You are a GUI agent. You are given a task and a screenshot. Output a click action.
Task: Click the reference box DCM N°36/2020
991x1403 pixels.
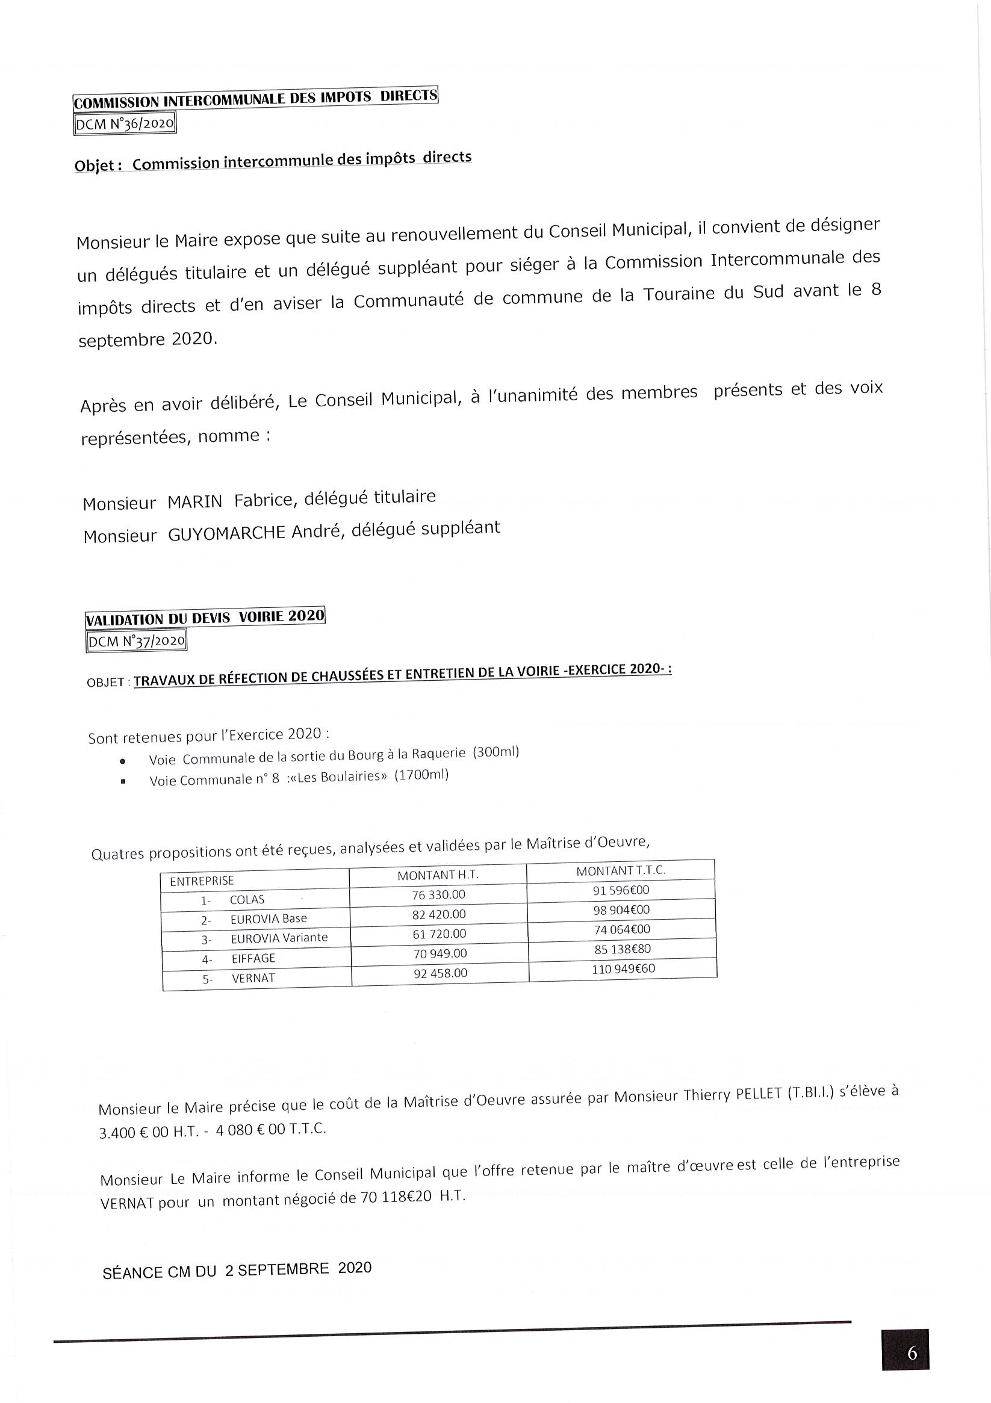point(125,125)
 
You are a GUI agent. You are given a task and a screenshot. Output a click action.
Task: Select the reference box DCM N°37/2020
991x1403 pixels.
point(136,641)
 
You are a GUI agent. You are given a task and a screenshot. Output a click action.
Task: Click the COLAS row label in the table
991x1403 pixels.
point(247,899)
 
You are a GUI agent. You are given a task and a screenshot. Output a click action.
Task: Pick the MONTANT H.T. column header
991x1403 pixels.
point(438,875)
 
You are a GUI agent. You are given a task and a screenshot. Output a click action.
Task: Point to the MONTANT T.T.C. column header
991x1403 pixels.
point(620,871)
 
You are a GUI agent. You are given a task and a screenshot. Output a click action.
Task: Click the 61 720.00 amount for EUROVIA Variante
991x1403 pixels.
point(439,934)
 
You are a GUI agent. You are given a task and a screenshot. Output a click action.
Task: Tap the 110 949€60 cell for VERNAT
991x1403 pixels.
point(622,968)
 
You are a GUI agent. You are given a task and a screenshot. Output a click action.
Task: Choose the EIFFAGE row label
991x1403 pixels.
point(253,958)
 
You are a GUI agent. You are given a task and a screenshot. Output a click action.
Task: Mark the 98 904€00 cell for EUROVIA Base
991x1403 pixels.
point(621,910)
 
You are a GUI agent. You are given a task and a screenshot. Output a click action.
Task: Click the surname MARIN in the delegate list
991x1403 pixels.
point(195,503)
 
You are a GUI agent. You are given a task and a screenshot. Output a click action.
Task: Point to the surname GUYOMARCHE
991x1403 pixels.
point(227,533)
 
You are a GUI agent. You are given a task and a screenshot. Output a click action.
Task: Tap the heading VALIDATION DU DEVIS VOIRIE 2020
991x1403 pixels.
point(205,617)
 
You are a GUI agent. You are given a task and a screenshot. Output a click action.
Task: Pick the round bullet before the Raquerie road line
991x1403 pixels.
point(123,761)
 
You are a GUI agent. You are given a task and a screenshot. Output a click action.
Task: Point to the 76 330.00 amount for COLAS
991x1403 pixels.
point(438,894)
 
